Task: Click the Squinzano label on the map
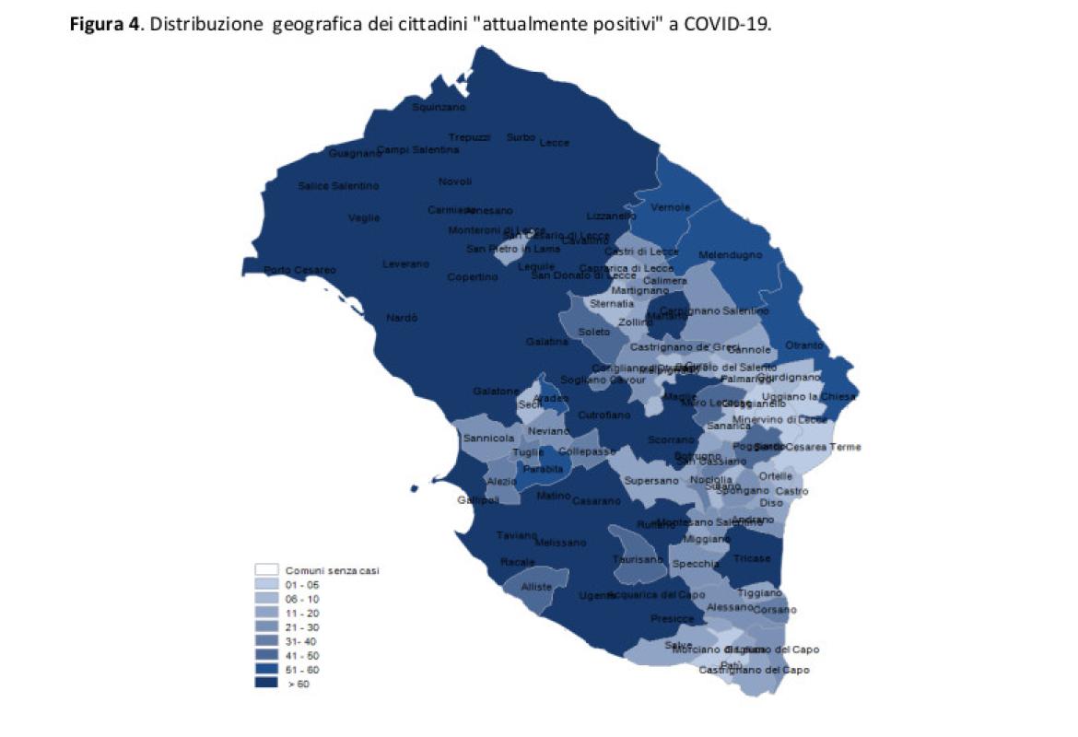[x=439, y=108]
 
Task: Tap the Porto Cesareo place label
[x=300, y=270]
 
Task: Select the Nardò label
[x=402, y=318]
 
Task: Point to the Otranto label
[x=804, y=345]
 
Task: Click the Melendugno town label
[x=731, y=254]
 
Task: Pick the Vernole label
[x=670, y=207]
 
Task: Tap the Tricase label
[x=754, y=558]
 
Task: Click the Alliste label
[x=537, y=587]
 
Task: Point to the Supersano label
[x=651, y=481]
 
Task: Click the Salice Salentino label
[x=338, y=186]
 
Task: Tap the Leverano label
[x=406, y=264]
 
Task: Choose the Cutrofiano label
[x=604, y=415]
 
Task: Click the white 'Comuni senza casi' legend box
[x=266, y=570]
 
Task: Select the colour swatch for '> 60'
[x=266, y=684]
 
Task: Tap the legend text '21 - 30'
[x=301, y=626]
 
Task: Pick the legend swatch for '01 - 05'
[x=266, y=584]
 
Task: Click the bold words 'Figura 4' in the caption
[x=104, y=25]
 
